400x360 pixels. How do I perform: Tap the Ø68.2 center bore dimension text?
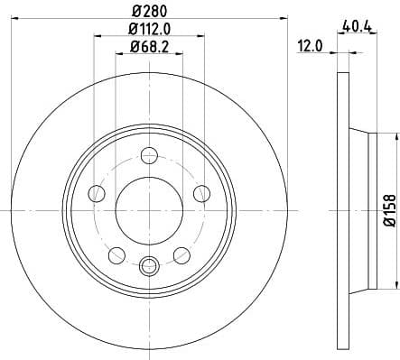[150, 47]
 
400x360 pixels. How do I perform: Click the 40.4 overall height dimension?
[358, 27]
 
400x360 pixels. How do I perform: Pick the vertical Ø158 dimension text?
[390, 208]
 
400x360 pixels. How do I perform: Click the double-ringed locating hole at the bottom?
[150, 264]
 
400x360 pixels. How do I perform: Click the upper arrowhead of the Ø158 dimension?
[393, 136]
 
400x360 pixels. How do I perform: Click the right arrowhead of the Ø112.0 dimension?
[201, 37]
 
